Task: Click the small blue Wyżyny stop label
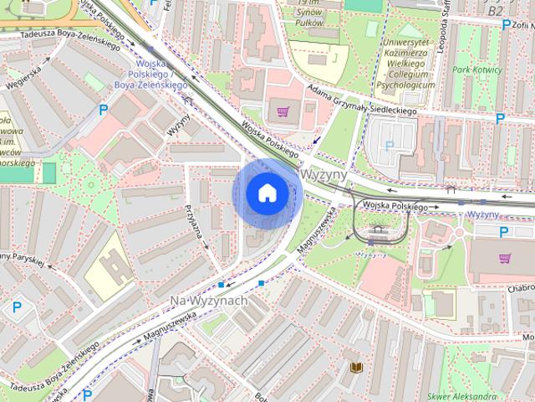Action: point(482,215)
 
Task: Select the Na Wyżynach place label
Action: point(208,300)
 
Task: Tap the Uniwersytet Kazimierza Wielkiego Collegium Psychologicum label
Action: point(405,63)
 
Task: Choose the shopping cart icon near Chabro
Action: point(504,258)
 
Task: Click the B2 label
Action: point(495,11)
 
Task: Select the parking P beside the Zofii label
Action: point(506,24)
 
